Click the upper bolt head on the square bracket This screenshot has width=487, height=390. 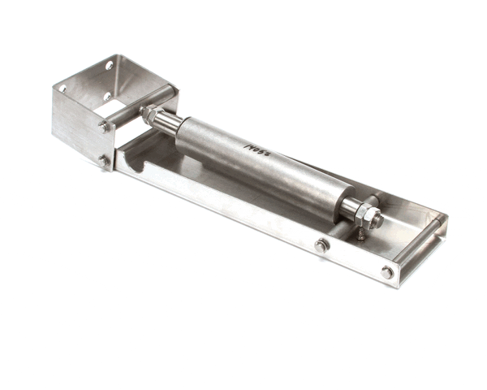tap(105, 127)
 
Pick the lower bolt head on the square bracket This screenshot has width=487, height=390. tap(105, 161)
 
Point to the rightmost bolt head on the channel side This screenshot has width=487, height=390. tap(387, 272)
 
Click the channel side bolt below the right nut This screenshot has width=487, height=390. tap(321, 245)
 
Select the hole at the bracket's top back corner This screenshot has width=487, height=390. tap(109, 66)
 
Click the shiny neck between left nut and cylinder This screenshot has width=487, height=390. tap(168, 123)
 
